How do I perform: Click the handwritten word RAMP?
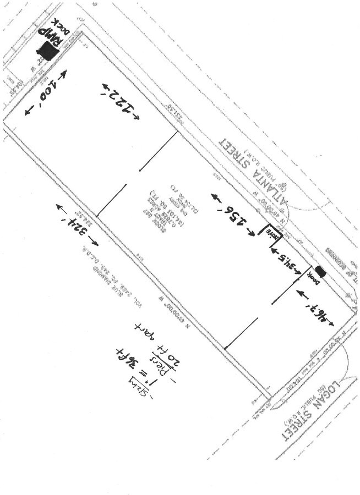click(58, 33)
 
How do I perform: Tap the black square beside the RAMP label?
click(48, 52)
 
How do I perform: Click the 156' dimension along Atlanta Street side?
click(233, 215)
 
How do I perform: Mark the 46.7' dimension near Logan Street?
click(315, 308)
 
